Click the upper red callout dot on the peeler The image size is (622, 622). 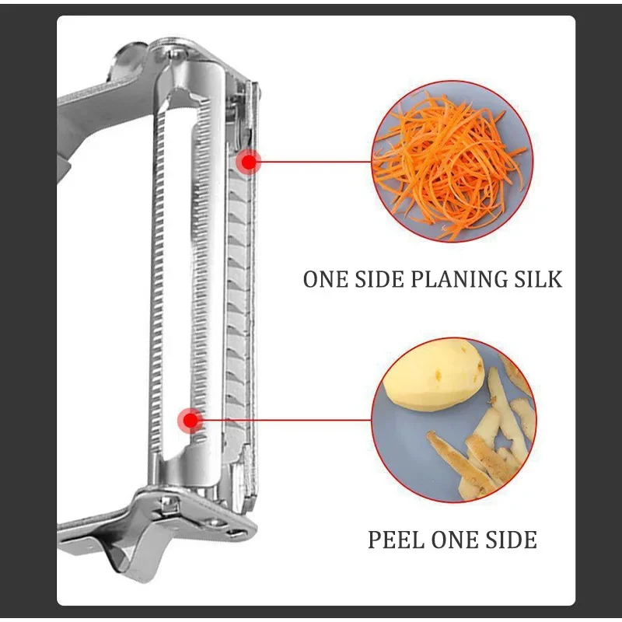[x=249, y=162]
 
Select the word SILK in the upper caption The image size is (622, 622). [x=536, y=279]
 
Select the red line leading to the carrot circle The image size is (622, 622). [x=315, y=162]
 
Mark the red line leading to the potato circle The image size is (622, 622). [x=284, y=421]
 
